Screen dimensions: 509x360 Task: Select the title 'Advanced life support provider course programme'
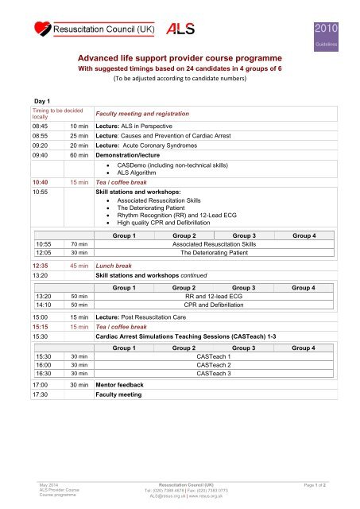(180, 58)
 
